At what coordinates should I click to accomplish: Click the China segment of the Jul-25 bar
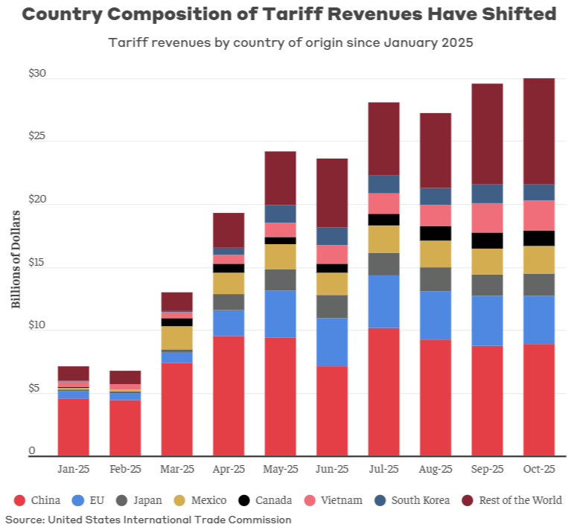(x=383, y=392)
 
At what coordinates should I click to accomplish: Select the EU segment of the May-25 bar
(x=280, y=313)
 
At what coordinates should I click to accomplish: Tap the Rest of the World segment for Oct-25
(x=539, y=131)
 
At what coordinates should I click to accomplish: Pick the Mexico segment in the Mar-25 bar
(x=176, y=337)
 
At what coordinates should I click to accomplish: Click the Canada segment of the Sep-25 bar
(x=487, y=240)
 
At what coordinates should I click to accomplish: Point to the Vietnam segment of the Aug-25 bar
(x=435, y=215)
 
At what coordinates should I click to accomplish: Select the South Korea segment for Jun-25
(x=332, y=236)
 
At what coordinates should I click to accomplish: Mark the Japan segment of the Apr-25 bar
(x=229, y=301)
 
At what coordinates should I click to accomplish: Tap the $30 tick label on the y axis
(x=36, y=74)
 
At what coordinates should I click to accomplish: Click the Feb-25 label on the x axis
(x=125, y=470)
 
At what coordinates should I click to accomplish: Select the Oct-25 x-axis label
(x=539, y=470)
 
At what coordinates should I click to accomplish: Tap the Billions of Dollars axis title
(x=16, y=258)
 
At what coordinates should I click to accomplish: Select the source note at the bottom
(x=148, y=520)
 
